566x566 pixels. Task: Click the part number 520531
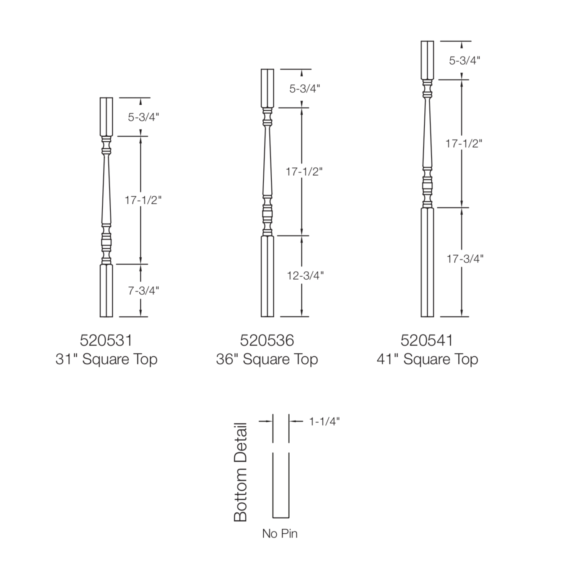click(106, 340)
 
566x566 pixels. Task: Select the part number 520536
click(267, 340)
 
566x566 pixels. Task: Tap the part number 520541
click(427, 340)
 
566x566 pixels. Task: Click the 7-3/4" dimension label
click(143, 291)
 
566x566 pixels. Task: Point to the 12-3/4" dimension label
click(305, 275)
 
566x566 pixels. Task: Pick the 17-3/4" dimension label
click(465, 259)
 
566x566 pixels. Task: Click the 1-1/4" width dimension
click(324, 421)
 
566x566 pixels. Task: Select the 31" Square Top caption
click(106, 359)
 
